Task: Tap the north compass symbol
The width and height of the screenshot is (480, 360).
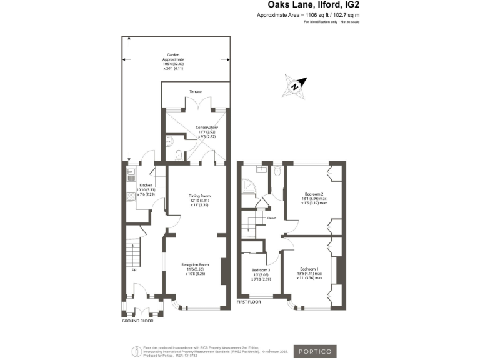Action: (x=294, y=86)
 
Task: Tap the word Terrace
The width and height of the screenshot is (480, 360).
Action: (x=196, y=92)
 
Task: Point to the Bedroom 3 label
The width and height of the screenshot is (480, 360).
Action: (x=261, y=274)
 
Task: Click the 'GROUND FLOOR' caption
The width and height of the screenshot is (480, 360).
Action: (x=137, y=321)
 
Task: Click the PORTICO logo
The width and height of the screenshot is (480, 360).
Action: (x=315, y=351)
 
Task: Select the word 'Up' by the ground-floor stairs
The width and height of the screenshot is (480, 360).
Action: (x=134, y=270)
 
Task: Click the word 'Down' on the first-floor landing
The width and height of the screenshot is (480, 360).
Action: (x=272, y=218)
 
